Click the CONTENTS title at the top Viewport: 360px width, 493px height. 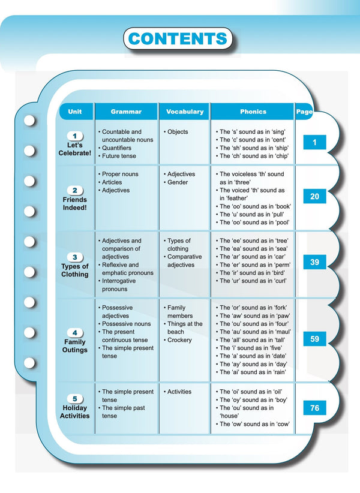pos(178,39)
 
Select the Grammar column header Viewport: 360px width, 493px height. pos(126,112)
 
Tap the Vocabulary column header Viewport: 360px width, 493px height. pos(184,112)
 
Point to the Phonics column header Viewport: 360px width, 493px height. pos(253,112)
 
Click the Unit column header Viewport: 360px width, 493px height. pos(75,112)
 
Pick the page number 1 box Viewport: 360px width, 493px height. pos(314,143)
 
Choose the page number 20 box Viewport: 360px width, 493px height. pos(314,197)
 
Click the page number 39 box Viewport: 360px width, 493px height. pos(314,262)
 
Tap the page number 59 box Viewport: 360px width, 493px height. pos(314,339)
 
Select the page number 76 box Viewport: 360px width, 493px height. pos(314,408)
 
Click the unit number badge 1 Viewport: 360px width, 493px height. pos(75,136)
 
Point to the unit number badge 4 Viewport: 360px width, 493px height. pos(75,333)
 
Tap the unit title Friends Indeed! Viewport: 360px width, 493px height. pos(75,203)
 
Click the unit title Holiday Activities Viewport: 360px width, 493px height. pos(75,411)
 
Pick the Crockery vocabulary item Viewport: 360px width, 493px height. pos(179,340)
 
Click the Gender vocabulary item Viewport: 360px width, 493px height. pos(178,182)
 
